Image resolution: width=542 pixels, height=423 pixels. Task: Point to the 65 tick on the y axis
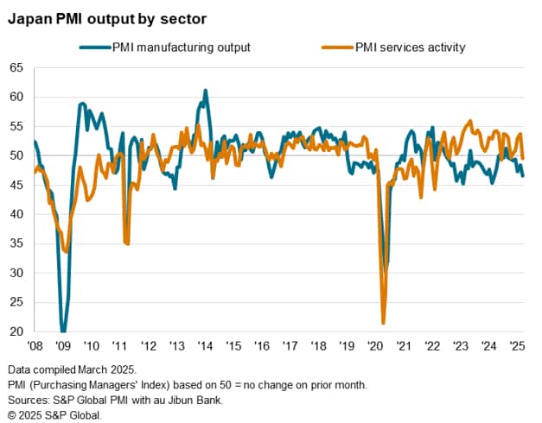point(16,67)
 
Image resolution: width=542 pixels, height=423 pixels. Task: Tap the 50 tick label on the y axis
point(16,155)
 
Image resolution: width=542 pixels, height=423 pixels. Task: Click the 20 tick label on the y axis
point(16,331)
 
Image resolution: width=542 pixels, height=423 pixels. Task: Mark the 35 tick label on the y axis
point(16,243)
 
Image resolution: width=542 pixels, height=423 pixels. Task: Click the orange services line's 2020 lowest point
point(383,324)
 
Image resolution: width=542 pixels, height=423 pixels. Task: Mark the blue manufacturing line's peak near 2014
point(205,90)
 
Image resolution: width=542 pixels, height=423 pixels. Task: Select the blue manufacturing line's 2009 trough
point(63,331)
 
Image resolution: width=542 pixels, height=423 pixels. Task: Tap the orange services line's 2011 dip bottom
point(127,244)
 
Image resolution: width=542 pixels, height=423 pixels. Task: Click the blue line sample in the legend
point(93,47)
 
